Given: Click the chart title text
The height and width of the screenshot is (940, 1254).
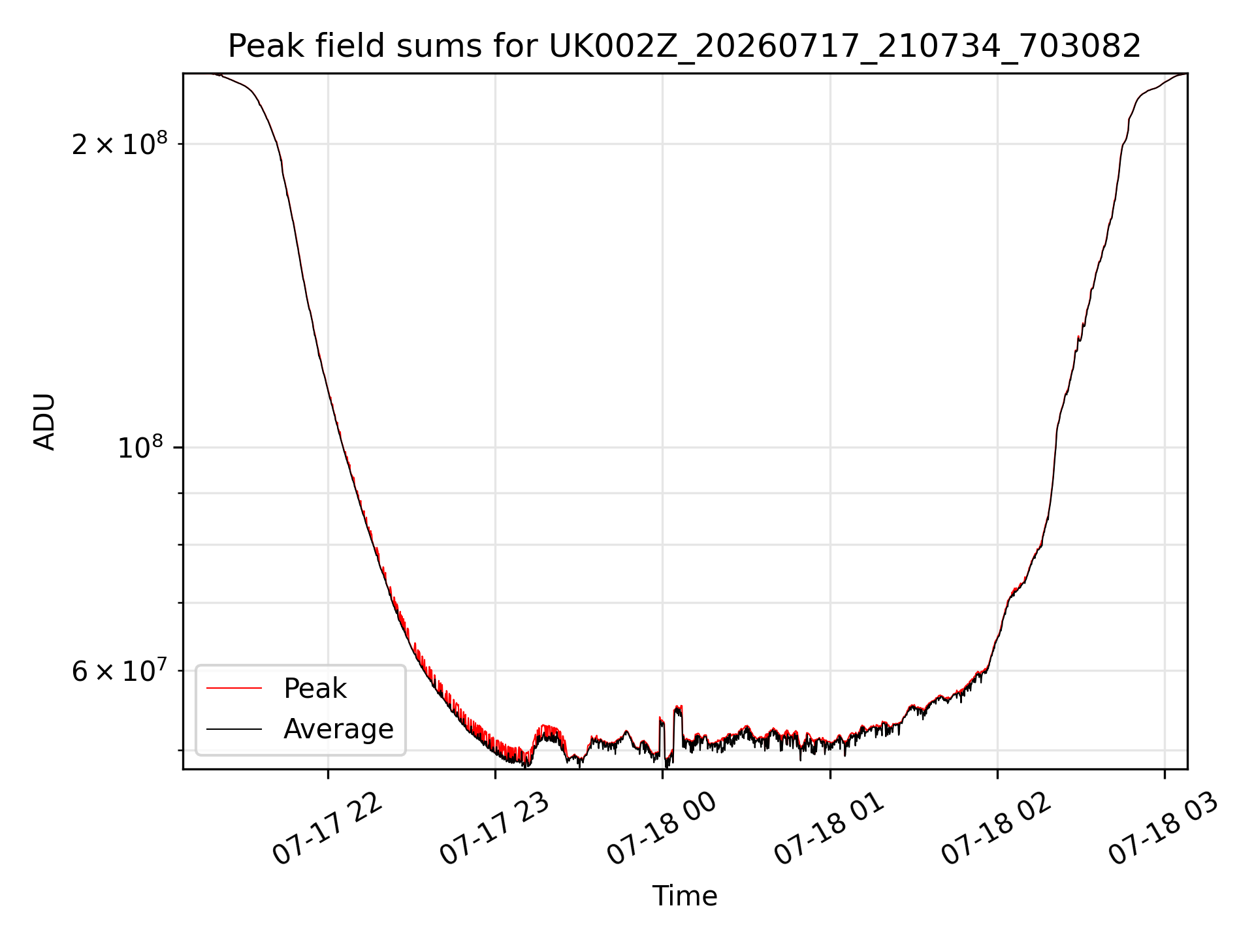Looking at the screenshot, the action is pos(684,46).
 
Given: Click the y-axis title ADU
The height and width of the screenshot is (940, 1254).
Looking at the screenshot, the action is pos(44,422).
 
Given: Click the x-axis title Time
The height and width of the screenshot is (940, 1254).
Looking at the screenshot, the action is pos(684,896).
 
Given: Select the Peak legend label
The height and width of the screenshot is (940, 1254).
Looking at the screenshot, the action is pos(315,689).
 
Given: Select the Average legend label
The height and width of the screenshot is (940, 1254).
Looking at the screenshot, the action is pos(338,729).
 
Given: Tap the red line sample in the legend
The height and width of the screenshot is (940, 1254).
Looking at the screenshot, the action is pos(234,688).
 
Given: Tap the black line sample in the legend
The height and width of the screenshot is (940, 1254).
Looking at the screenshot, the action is pos(234,728).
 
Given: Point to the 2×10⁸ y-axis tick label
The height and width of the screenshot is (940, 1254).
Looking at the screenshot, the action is pos(120,144).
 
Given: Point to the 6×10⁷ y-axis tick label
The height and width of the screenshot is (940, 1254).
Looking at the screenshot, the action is pos(120,670).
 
